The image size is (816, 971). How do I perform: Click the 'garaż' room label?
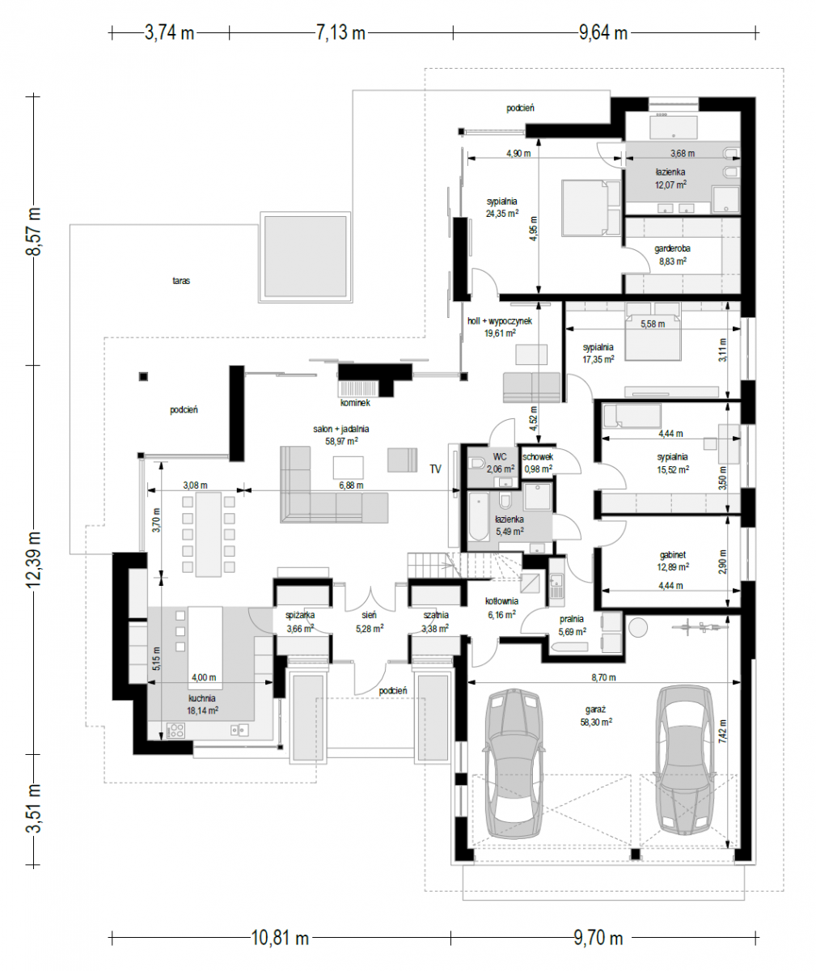(596, 710)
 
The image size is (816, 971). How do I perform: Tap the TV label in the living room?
(435, 469)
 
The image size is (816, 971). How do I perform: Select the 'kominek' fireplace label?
(355, 403)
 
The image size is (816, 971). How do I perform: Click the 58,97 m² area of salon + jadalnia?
(341, 441)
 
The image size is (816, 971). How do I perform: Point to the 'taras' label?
(181, 281)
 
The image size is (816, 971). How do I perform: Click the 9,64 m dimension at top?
(603, 32)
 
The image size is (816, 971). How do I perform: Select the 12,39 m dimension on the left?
(34, 559)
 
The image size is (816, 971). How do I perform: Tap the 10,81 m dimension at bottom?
(280, 938)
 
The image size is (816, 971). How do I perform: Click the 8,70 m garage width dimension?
(603, 677)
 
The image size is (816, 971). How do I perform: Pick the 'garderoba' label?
(672, 248)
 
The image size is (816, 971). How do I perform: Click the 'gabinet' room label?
(672, 555)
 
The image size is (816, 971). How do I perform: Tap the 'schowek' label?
(538, 457)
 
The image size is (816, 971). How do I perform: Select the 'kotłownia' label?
(501, 601)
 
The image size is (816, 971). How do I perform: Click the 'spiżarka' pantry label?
(300, 615)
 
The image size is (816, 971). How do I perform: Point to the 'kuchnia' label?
(201, 698)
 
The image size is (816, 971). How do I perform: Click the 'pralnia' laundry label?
(572, 619)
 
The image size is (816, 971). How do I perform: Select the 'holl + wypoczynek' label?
(500, 321)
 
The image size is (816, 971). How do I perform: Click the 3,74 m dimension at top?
(169, 32)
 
